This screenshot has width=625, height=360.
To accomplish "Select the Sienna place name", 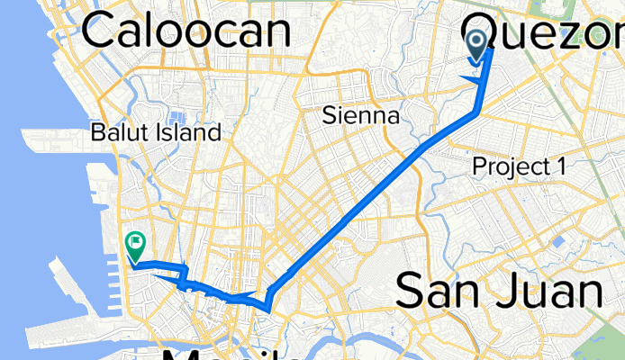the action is coord(361,116).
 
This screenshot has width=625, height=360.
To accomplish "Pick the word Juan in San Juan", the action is coord(547,292).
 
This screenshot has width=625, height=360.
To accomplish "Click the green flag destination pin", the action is coord(135,241).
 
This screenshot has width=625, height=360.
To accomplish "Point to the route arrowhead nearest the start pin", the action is coord(469,79).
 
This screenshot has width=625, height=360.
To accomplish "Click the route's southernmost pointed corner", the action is coord(268,310).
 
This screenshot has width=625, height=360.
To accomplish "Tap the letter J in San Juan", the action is coord(503,292).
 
